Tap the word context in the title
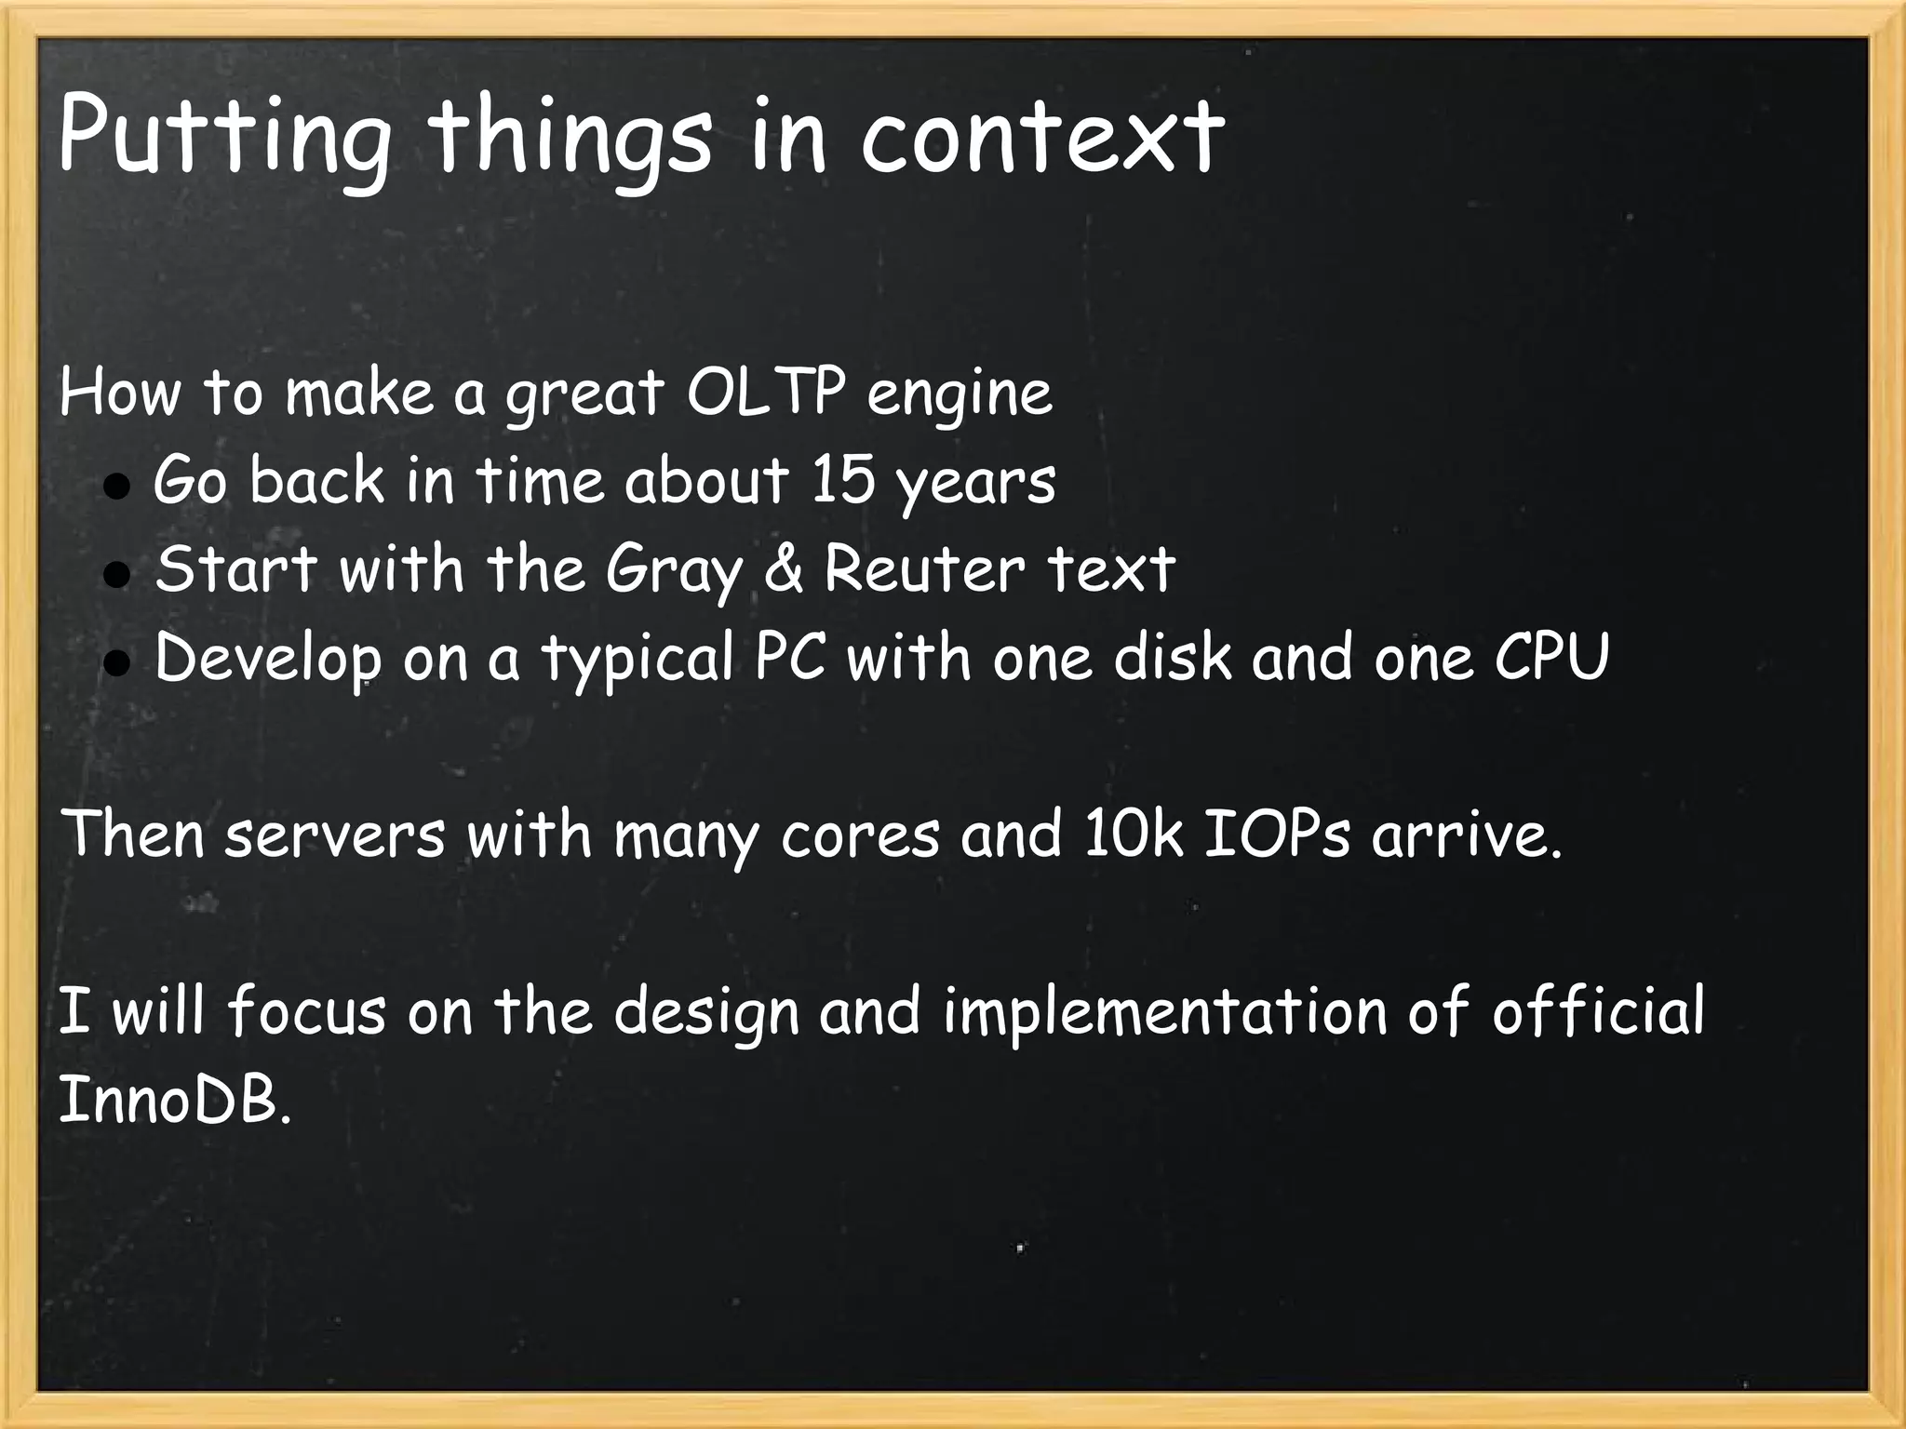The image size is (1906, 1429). (x=1040, y=137)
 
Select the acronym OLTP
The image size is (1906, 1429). (x=764, y=393)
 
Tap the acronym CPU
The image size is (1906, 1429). (x=1551, y=657)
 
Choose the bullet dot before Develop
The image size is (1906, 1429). (x=115, y=663)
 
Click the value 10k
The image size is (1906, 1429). (x=1133, y=834)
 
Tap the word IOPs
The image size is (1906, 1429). (x=1276, y=834)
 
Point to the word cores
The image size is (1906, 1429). (x=861, y=835)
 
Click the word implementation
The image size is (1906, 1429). (x=1164, y=1011)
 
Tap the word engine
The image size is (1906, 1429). (x=960, y=394)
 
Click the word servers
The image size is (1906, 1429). (x=335, y=835)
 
